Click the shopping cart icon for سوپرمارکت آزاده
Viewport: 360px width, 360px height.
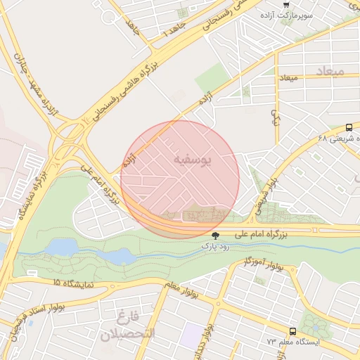tap(285, 4)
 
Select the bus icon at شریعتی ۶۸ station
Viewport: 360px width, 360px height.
tap(349, 127)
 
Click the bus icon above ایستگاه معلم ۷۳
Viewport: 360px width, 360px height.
tap(292, 331)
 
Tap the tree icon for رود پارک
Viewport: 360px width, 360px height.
tap(215, 236)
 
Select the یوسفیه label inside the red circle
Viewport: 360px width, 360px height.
tap(191, 160)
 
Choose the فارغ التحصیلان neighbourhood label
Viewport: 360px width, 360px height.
tap(126, 325)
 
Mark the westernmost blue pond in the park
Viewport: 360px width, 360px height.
tap(63, 247)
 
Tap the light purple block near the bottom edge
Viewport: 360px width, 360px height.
tap(190, 335)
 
